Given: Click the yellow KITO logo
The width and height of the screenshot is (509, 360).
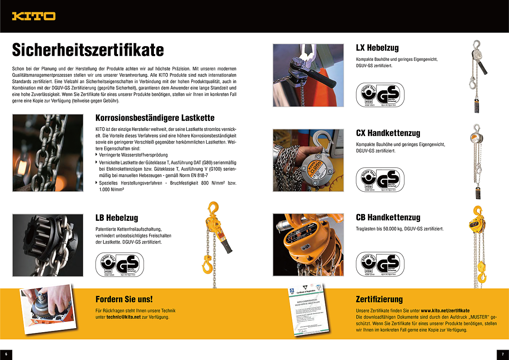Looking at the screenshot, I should click(33, 16).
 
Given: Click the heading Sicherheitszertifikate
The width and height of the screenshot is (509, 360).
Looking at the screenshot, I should click(88, 50).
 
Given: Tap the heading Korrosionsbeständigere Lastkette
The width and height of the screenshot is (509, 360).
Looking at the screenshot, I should click(155, 118).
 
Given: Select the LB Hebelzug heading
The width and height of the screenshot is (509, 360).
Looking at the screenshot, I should click(117, 218).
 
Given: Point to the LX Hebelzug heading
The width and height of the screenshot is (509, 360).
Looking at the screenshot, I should click(377, 48).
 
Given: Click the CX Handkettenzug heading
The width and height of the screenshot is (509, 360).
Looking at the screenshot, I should click(388, 133).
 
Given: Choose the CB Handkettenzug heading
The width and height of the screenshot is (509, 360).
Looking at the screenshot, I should click(388, 218).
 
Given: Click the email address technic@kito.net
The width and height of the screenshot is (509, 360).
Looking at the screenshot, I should click(124, 317).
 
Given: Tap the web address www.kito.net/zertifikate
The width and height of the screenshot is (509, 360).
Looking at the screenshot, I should click(445, 310).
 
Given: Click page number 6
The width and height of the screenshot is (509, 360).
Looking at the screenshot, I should click(6, 354).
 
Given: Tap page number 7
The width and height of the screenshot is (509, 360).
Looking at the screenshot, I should click(503, 354).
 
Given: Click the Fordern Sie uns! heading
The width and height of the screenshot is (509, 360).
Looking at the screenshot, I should click(124, 299).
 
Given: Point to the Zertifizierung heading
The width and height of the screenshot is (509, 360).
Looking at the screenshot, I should click(379, 299).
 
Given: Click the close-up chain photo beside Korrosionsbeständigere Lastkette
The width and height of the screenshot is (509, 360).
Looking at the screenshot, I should click(48, 153).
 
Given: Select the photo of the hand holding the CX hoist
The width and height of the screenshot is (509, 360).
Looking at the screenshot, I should click(308, 160).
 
